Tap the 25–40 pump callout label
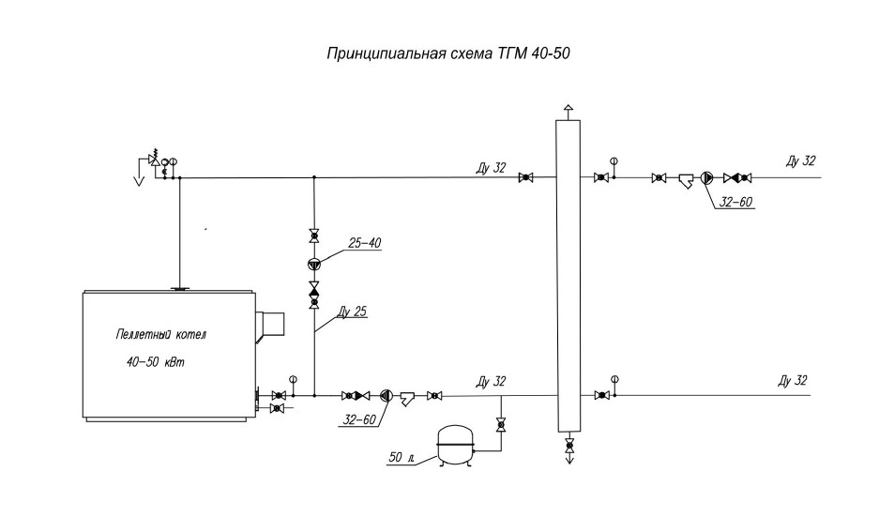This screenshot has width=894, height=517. [364, 243]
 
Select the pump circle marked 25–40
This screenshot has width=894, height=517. [314, 264]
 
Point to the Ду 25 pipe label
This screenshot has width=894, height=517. [352, 312]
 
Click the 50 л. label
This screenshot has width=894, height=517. [402, 457]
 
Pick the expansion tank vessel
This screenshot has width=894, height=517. [454, 447]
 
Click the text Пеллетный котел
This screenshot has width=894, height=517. [160, 335]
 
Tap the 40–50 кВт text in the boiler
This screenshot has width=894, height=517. [156, 362]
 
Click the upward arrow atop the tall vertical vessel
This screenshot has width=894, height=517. [568, 112]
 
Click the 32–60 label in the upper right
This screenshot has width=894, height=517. [735, 202]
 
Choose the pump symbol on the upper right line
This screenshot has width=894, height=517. [707, 178]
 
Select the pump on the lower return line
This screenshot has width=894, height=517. [386, 395]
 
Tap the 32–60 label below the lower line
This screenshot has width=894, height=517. [359, 420]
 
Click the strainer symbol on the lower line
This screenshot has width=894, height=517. [408, 397]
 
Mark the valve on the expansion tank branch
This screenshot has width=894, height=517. [501, 425]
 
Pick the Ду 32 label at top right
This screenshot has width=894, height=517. [800, 160]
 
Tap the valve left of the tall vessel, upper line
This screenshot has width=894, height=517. [525, 178]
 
